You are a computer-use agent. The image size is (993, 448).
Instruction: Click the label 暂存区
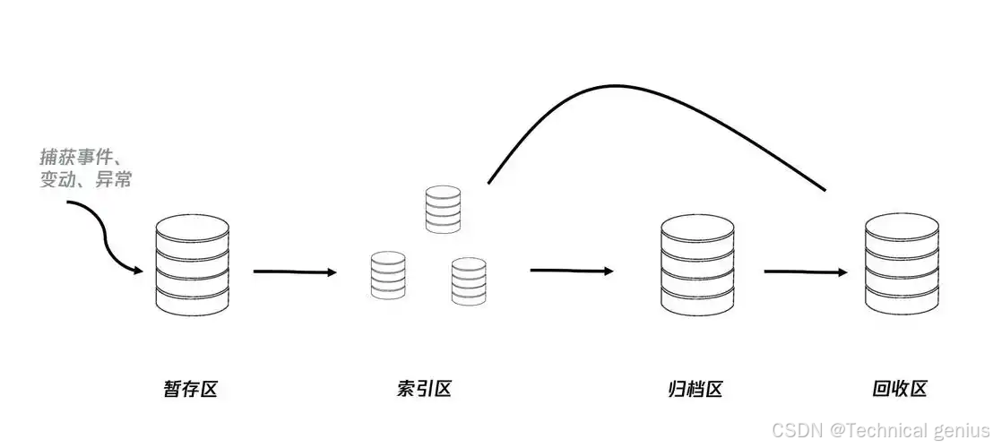pyautogui.click(x=190, y=389)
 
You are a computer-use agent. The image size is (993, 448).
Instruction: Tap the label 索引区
pyautogui.click(x=423, y=389)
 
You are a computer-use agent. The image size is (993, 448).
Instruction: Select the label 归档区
pyautogui.click(x=695, y=389)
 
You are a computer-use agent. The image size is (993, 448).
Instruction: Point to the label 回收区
pyautogui.click(x=899, y=389)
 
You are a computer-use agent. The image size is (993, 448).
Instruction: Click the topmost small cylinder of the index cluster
pyautogui.click(x=443, y=210)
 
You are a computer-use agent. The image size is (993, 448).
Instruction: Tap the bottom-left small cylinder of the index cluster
pyautogui.click(x=388, y=274)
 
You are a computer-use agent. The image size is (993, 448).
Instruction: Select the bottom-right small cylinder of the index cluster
pyautogui.click(x=469, y=280)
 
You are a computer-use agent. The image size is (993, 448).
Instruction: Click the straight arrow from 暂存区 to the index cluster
pyautogui.click(x=294, y=271)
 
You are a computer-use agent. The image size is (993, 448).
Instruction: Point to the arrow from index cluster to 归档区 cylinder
pyautogui.click(x=571, y=270)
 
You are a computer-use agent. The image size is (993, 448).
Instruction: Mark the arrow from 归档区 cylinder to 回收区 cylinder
pyautogui.click(x=805, y=271)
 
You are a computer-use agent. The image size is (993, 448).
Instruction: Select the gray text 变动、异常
pyautogui.click(x=86, y=179)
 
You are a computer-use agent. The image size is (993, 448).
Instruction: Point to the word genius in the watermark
pyautogui.click(x=963, y=430)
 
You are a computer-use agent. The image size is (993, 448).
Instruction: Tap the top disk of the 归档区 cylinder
pyautogui.click(x=697, y=228)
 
